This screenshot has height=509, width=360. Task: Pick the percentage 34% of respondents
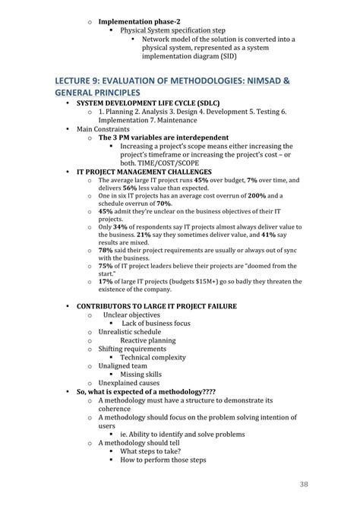point(121,226)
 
